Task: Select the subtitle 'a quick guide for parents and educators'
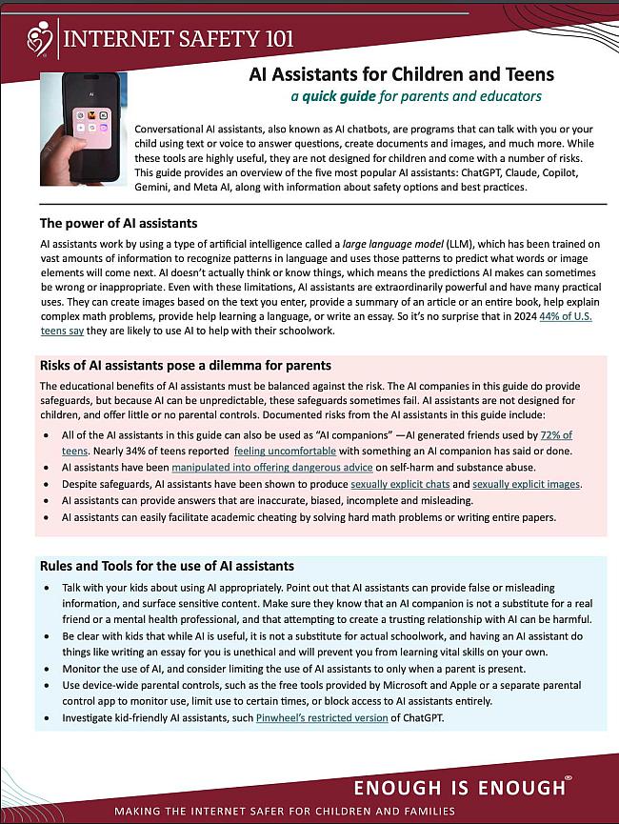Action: click(417, 96)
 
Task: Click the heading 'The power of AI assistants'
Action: click(119, 224)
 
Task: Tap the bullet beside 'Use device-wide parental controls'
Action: click(50, 686)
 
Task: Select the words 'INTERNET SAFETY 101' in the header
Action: click(178, 38)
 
